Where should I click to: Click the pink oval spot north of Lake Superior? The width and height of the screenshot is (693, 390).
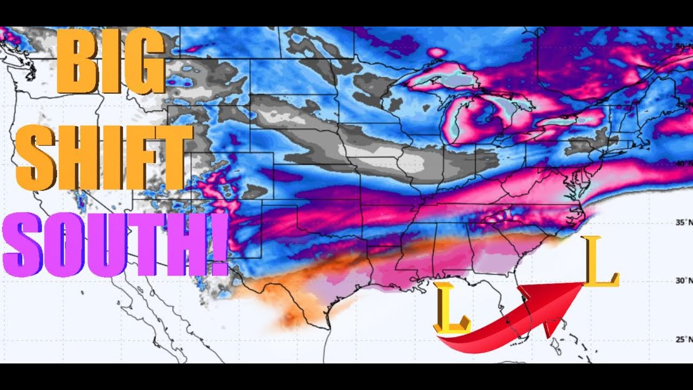pos(437,53)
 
